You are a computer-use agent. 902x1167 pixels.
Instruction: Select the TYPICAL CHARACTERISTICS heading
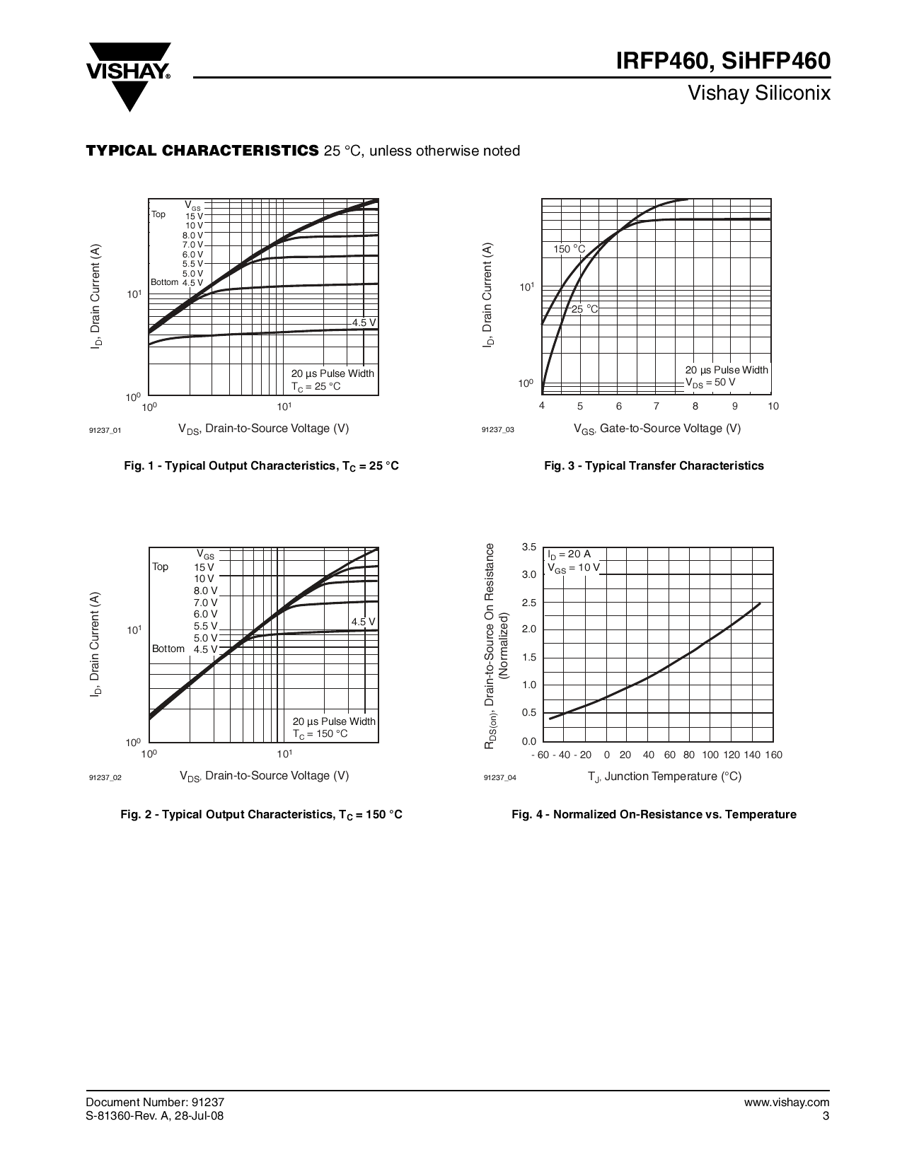tap(202, 151)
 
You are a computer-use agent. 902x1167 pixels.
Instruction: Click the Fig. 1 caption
tap(261, 466)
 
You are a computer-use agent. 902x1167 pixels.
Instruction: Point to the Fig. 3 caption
tap(654, 465)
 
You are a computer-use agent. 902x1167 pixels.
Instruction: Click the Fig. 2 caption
tap(261, 815)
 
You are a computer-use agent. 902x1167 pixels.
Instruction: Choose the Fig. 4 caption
tap(654, 815)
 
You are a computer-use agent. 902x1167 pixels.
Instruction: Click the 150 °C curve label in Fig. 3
tap(569, 249)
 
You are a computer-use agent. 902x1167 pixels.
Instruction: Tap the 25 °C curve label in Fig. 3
tap(584, 309)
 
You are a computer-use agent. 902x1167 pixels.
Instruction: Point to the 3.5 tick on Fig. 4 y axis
tap(529, 547)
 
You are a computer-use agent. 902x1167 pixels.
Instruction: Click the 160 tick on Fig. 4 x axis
tap(773, 755)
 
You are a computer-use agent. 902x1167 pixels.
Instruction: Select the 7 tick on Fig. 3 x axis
tap(657, 406)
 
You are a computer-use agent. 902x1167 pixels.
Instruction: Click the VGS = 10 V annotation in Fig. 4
tap(573, 567)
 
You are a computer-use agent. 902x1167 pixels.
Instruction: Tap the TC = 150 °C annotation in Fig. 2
tap(320, 733)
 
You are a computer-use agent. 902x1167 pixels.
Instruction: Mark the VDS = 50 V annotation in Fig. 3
tap(710, 382)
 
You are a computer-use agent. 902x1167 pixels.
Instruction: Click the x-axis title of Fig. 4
tap(664, 777)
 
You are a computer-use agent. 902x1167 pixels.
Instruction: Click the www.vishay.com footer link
tap(787, 1102)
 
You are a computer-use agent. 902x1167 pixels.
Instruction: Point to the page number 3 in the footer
tap(826, 1116)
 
